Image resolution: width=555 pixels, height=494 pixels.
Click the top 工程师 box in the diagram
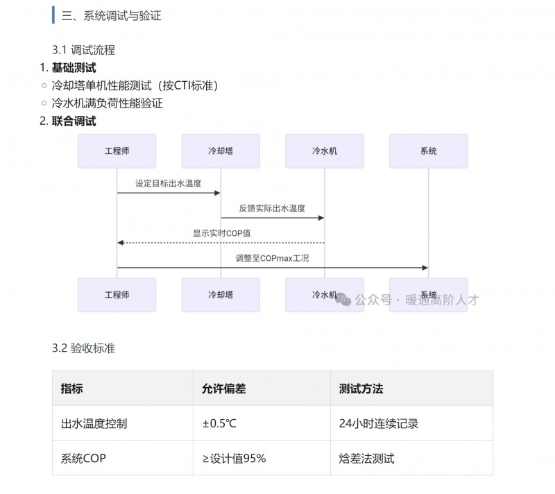(117, 151)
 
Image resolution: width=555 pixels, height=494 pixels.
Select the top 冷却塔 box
(221, 151)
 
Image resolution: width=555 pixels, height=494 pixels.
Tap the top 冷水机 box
(325, 151)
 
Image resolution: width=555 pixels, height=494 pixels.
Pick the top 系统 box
(428, 151)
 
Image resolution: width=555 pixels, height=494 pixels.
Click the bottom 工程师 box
(117, 295)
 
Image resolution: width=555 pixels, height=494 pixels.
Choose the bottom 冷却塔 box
(221, 295)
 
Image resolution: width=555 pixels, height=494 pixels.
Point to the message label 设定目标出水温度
(169, 183)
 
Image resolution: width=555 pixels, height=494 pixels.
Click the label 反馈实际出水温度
(272, 208)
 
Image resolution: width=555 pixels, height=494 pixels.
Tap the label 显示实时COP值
(221, 233)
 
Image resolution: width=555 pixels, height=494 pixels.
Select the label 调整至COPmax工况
(272, 258)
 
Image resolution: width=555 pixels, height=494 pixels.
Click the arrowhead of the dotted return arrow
(120, 243)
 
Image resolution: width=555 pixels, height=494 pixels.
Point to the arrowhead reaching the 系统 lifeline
(425, 268)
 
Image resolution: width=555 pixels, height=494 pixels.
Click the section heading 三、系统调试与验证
(111, 15)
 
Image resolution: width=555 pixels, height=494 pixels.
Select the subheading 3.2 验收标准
(83, 348)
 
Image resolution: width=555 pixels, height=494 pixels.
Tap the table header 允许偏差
(223, 389)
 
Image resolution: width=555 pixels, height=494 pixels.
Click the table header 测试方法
(361, 389)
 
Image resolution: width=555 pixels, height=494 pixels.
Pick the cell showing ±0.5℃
(219, 423)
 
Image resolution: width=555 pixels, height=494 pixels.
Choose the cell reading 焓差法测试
(367, 458)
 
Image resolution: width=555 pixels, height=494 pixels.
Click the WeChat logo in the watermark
(343, 299)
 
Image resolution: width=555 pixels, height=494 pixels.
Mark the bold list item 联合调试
(74, 121)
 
